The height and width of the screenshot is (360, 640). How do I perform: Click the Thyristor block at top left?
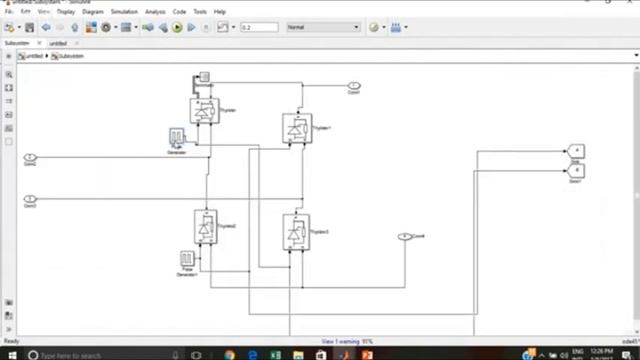point(204,111)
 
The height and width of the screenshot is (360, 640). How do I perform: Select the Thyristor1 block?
point(296,128)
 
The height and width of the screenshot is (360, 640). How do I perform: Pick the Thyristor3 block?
point(295,230)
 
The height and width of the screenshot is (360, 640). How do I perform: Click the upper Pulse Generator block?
point(176,137)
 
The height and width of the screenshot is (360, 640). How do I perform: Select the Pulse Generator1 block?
point(187,259)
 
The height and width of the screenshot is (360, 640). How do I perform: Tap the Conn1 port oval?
point(353,86)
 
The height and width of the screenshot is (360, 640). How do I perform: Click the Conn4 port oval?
point(404,237)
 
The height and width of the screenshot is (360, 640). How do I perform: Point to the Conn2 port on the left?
point(30,158)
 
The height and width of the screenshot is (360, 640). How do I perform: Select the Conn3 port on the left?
point(30,199)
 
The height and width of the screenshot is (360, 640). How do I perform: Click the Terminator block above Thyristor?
point(204,76)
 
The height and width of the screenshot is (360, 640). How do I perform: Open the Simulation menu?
point(124,12)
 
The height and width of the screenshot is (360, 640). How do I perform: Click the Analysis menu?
point(155,12)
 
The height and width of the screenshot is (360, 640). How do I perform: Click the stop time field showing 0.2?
point(258,27)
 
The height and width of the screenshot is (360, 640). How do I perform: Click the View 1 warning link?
point(347,341)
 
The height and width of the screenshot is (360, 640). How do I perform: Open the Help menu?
point(219,12)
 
